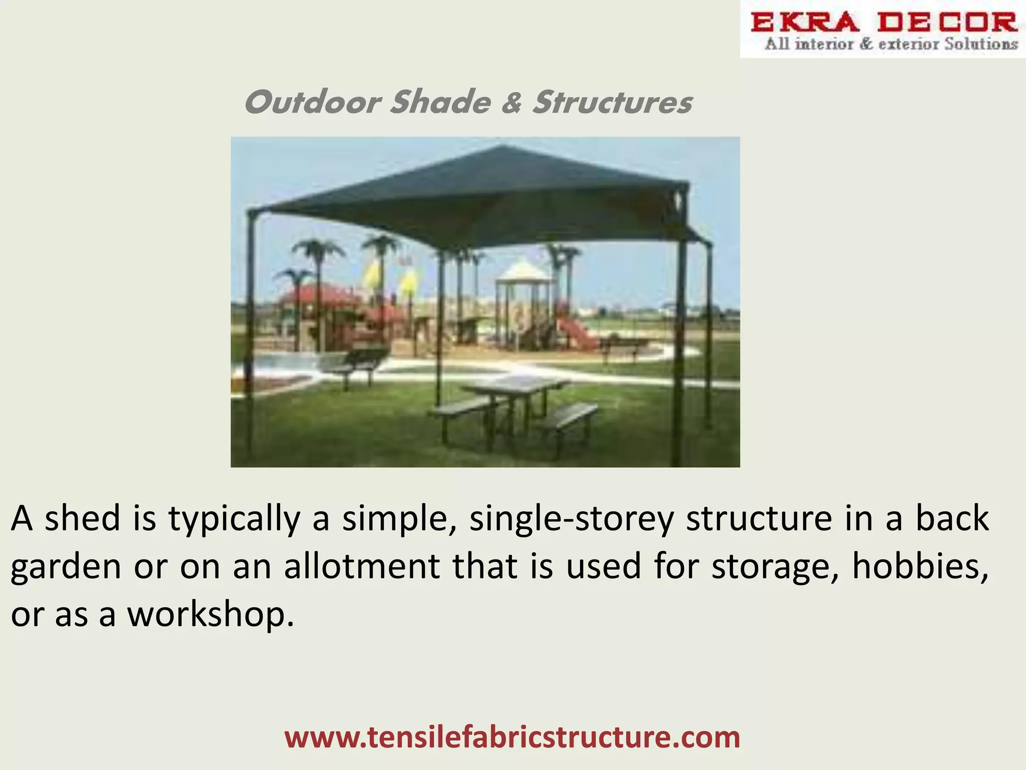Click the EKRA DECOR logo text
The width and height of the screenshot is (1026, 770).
coord(884,23)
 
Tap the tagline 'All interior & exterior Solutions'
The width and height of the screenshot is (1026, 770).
coord(891,45)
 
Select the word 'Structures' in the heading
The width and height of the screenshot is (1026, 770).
coord(612,102)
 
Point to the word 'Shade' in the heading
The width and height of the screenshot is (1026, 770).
coord(440,102)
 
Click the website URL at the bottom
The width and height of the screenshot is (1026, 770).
coord(512,738)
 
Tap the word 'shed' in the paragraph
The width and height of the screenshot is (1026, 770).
coord(83,518)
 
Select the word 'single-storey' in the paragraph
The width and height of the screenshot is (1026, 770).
coord(571,519)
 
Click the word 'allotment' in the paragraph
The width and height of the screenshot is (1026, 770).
coord(361,566)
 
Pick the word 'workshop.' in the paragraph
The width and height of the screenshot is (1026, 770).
coord(210,615)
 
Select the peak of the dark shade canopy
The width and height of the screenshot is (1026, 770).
coord(502,147)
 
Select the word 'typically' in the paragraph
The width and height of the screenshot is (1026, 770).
coord(234,519)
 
